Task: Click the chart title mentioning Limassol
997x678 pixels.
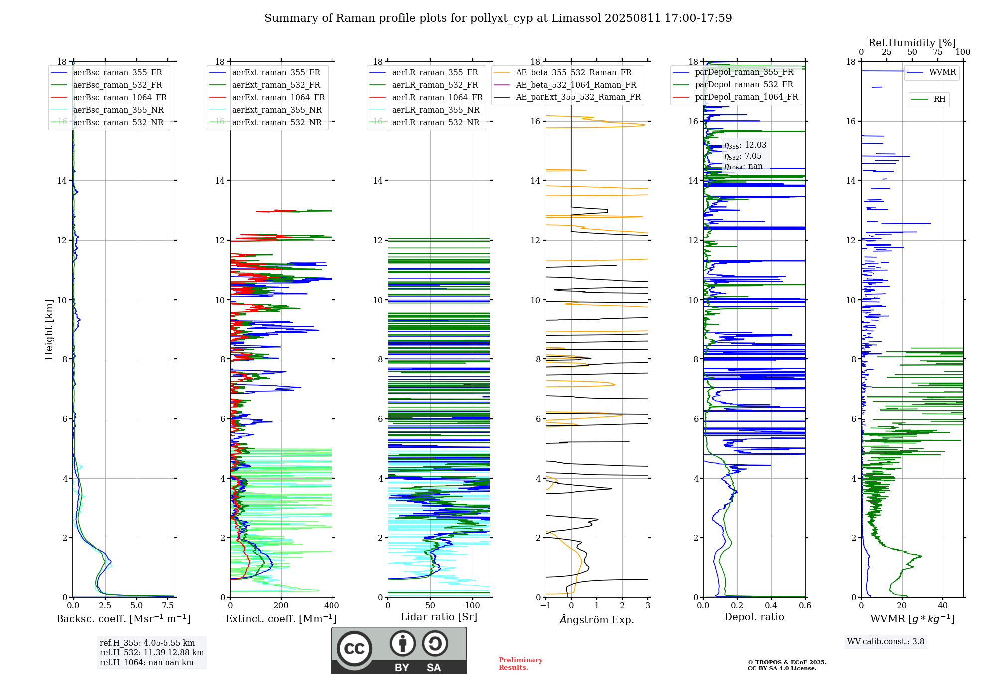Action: pyautogui.click(x=498, y=18)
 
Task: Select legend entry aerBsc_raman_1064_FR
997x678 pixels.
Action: pyautogui.click(x=120, y=98)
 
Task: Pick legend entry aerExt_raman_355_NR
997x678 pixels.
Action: pyautogui.click(x=277, y=110)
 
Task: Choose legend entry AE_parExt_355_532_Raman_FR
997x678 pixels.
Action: pyautogui.click(x=578, y=97)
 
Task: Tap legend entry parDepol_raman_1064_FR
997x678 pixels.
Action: pyautogui.click(x=746, y=97)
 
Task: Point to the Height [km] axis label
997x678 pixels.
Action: pyautogui.click(x=49, y=330)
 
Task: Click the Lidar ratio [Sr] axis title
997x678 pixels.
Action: pyautogui.click(x=439, y=617)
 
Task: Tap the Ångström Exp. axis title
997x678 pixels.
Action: pyautogui.click(x=597, y=620)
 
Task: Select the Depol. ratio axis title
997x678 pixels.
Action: pyautogui.click(x=754, y=617)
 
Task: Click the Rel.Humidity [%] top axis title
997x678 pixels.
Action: pyautogui.click(x=912, y=43)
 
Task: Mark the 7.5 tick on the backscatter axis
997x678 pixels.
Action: pyautogui.click(x=168, y=606)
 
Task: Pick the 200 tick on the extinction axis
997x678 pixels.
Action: pyautogui.click(x=281, y=606)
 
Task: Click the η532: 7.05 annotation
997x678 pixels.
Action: pyautogui.click(x=743, y=156)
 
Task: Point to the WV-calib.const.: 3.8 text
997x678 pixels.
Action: pyautogui.click(x=886, y=642)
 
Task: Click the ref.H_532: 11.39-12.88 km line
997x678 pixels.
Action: pyautogui.click(x=152, y=653)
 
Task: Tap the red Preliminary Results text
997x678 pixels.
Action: pyautogui.click(x=521, y=664)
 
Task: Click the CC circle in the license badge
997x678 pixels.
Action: pyautogui.click(x=354, y=649)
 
